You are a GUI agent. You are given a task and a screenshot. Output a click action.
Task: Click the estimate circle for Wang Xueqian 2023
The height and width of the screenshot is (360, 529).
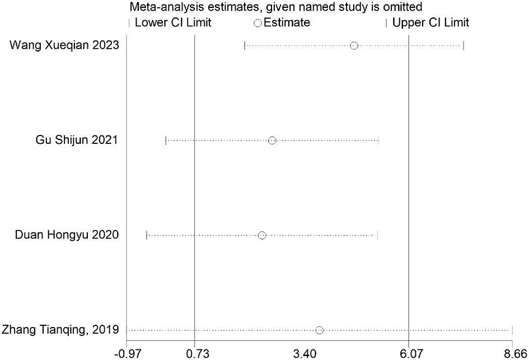pos(354,45)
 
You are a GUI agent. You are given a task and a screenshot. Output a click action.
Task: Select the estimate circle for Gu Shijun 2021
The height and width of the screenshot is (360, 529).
pos(272,140)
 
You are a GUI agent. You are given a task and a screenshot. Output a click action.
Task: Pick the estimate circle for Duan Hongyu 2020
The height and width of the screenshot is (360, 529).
pos(262,235)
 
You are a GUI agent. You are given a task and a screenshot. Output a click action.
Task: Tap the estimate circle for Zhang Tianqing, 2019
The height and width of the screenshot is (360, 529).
pos(319,330)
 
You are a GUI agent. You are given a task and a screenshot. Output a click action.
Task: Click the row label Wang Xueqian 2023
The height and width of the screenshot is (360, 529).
pos(64,45)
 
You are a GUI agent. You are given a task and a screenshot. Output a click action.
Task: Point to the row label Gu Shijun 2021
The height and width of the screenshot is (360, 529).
pos(77,140)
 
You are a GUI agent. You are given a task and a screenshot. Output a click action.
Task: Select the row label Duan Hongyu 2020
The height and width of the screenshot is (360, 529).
pos(67,235)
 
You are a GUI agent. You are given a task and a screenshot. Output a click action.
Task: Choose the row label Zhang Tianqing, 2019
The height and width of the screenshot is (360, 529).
pos(60,330)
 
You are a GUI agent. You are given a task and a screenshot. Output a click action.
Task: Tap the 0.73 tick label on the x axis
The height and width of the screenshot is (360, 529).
pos(194,353)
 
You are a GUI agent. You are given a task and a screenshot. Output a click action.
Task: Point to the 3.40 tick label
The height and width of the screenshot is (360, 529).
pos(302,353)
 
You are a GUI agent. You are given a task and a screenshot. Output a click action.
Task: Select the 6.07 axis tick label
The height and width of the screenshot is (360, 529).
pos(409,353)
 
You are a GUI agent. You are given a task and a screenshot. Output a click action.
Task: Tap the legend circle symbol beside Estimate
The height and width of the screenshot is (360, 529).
pos(258,23)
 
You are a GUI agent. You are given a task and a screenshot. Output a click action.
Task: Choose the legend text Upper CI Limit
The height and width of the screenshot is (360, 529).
pos(430,23)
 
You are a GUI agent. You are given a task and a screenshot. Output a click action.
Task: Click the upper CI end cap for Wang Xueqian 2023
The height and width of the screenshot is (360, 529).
pos(464,45)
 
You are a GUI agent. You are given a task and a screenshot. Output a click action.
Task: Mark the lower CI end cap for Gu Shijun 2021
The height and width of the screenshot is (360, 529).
pos(166,140)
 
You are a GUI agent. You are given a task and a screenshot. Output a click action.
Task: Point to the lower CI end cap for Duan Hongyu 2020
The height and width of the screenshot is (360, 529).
pos(147,235)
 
